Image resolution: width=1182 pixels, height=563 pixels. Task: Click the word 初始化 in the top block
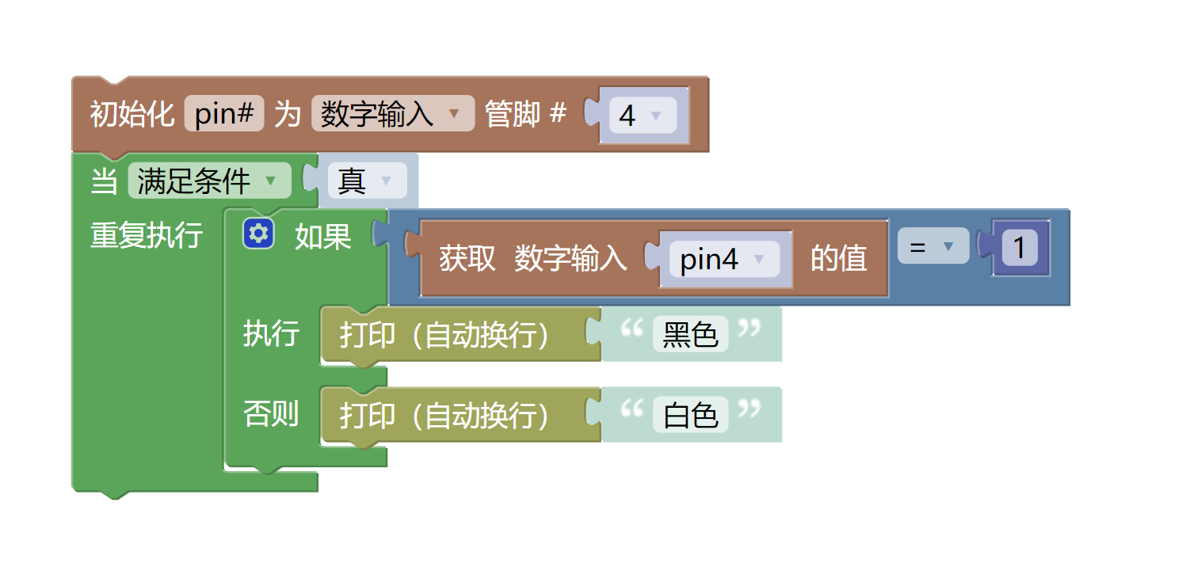coord(132,115)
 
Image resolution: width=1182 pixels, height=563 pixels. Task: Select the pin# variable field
coord(223,115)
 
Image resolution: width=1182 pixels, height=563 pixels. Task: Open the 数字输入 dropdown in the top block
coord(392,115)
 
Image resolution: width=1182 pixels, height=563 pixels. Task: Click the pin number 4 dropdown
coord(642,116)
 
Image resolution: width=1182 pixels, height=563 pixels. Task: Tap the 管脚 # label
coord(525,115)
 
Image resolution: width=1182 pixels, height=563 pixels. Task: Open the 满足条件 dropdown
coord(208,181)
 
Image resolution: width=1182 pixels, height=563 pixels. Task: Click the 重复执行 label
coord(147,235)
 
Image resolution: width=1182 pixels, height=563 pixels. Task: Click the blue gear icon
coord(259,234)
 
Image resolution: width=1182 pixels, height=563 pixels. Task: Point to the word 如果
coord(322,236)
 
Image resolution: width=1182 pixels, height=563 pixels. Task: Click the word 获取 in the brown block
coord(467,258)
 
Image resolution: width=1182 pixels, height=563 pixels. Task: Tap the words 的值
coord(838,258)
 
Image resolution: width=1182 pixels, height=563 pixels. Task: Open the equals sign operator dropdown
coord(932,247)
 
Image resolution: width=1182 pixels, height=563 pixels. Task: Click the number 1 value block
coord(1020,249)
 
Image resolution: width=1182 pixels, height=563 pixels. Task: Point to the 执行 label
coord(271,333)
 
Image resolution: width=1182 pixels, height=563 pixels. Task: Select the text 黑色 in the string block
coord(690,335)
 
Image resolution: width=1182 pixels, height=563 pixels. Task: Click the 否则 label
coord(271,413)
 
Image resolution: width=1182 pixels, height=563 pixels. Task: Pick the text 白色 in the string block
coord(690,415)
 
